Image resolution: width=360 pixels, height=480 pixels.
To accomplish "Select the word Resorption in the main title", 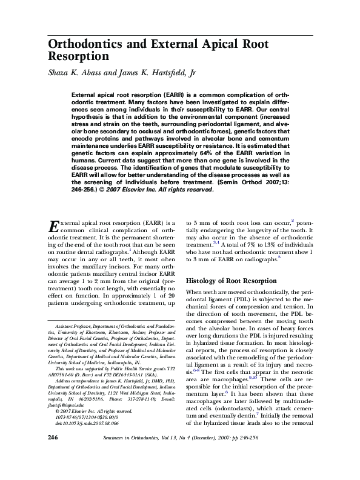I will pyautogui.click(x=78, y=58).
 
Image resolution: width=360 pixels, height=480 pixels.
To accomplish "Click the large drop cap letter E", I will pyautogui.click(x=53, y=228).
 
